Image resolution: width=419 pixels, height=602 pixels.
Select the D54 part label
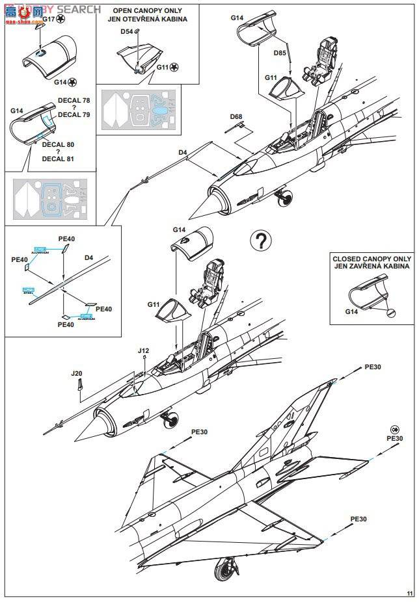pyautogui.click(x=127, y=31)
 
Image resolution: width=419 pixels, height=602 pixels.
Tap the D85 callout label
pyautogui.click(x=280, y=53)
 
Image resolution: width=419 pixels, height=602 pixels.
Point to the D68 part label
pyautogui.click(x=236, y=116)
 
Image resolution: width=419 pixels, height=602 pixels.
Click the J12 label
pyautogui.click(x=144, y=351)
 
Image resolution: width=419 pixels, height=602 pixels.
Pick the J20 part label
pyautogui.click(x=77, y=373)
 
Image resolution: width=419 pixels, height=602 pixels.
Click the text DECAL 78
pyautogui.click(x=74, y=100)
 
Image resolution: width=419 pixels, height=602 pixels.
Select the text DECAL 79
pyautogui.click(x=74, y=115)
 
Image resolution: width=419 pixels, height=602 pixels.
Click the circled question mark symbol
pyautogui.click(x=260, y=241)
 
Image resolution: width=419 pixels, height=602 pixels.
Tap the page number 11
pyautogui.click(x=409, y=593)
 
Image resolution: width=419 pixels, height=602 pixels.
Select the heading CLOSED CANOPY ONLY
pyautogui.click(x=372, y=258)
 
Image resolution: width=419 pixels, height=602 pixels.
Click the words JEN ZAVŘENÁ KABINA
pyautogui.click(x=372, y=267)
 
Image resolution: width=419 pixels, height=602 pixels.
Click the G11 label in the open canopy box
pyautogui.click(x=162, y=67)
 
